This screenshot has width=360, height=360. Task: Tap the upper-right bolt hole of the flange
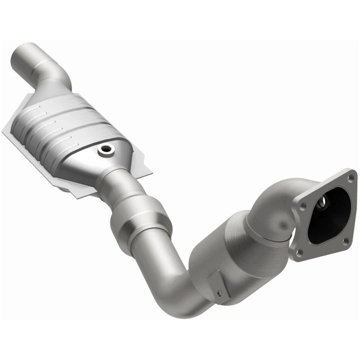(350, 177)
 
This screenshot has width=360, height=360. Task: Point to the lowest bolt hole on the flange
(299, 252)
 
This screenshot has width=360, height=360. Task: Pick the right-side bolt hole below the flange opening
(345, 241)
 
